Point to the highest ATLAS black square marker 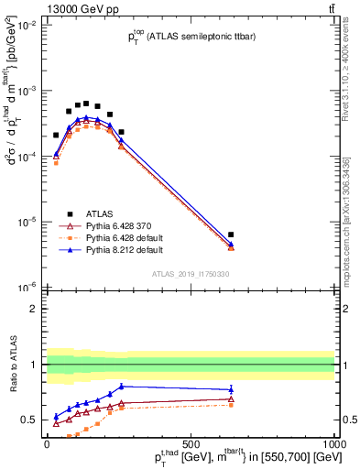point(86,104)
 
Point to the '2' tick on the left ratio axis point(34,309)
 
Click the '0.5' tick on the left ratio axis point(29,420)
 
